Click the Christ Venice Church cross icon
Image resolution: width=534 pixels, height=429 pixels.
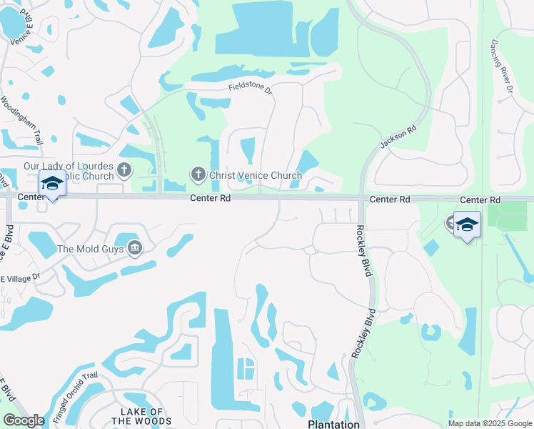(x=198, y=174)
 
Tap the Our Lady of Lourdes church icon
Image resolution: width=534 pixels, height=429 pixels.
(x=125, y=170)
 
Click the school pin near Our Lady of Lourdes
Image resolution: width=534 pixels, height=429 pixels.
(x=52, y=185)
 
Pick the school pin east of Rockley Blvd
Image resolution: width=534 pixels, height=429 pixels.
(x=467, y=225)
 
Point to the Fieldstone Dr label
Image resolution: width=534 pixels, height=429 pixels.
(x=251, y=88)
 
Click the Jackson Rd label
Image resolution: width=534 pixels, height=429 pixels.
(x=398, y=138)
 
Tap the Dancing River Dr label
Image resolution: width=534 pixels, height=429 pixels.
(x=501, y=66)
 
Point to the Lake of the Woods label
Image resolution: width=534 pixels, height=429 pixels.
(x=146, y=416)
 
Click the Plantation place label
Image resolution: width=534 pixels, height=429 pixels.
(x=333, y=424)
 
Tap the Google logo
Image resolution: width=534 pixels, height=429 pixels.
(x=24, y=420)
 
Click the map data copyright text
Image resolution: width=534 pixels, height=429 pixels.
(x=489, y=423)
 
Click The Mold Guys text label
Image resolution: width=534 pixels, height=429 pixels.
(x=91, y=249)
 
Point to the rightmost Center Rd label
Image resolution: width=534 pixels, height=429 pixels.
(x=480, y=199)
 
